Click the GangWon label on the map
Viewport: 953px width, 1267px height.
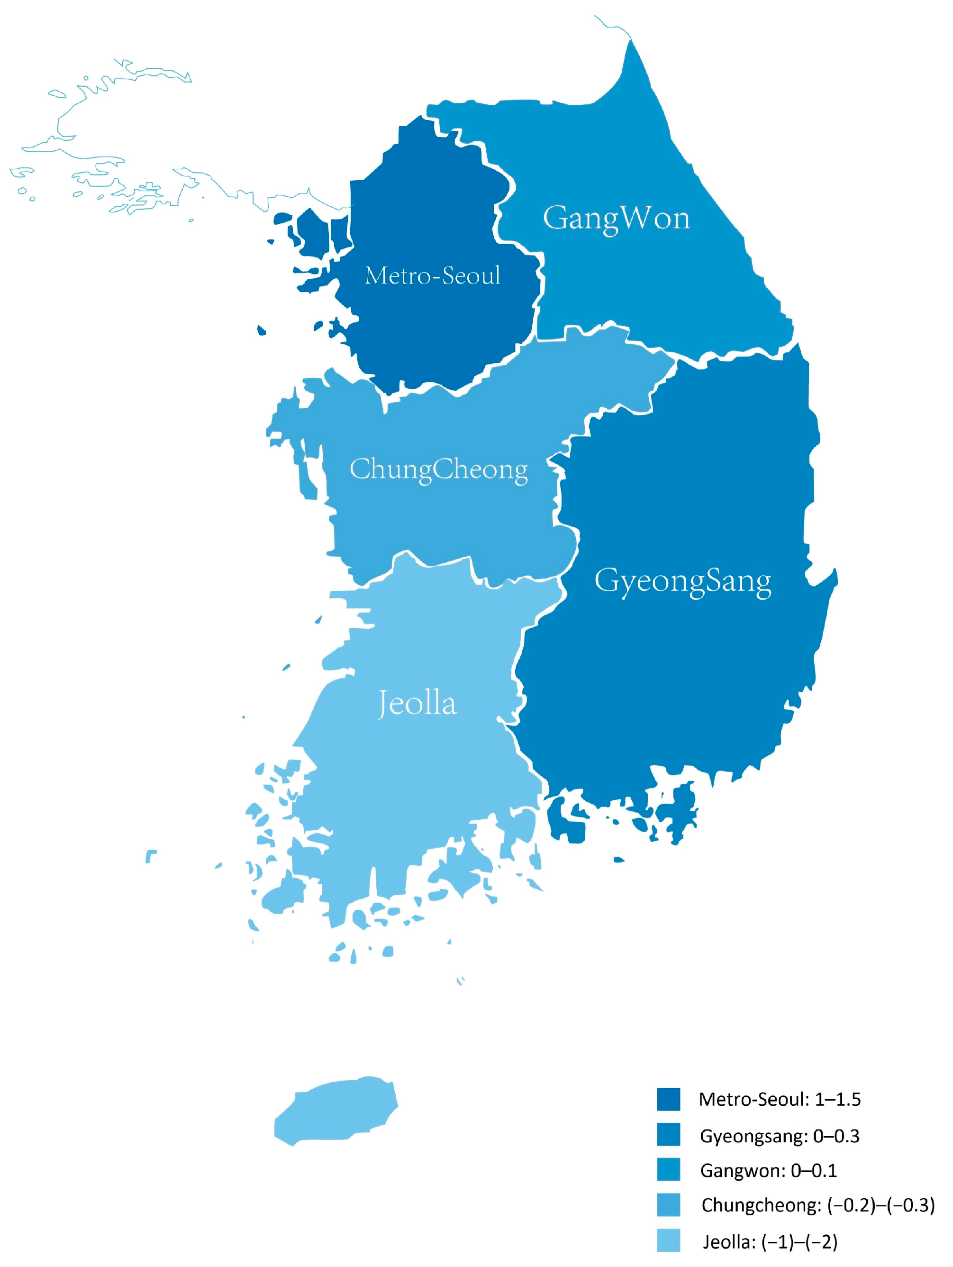617,218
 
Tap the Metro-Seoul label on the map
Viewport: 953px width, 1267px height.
433,275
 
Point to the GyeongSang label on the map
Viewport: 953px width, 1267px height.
683,581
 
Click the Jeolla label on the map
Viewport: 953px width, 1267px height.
417,703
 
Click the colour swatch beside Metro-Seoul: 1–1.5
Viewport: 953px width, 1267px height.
669,1099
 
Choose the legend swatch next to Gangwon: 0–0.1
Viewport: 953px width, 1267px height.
669,1170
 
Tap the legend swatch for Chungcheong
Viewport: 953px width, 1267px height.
669,1205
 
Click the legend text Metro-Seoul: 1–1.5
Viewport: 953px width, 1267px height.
780,1099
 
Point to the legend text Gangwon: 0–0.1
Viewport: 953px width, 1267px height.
768,1171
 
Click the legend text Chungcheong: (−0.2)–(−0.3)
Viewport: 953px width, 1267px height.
818,1206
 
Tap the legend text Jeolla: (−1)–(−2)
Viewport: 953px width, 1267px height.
770,1242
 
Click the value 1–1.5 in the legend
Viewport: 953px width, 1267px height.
837,1099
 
